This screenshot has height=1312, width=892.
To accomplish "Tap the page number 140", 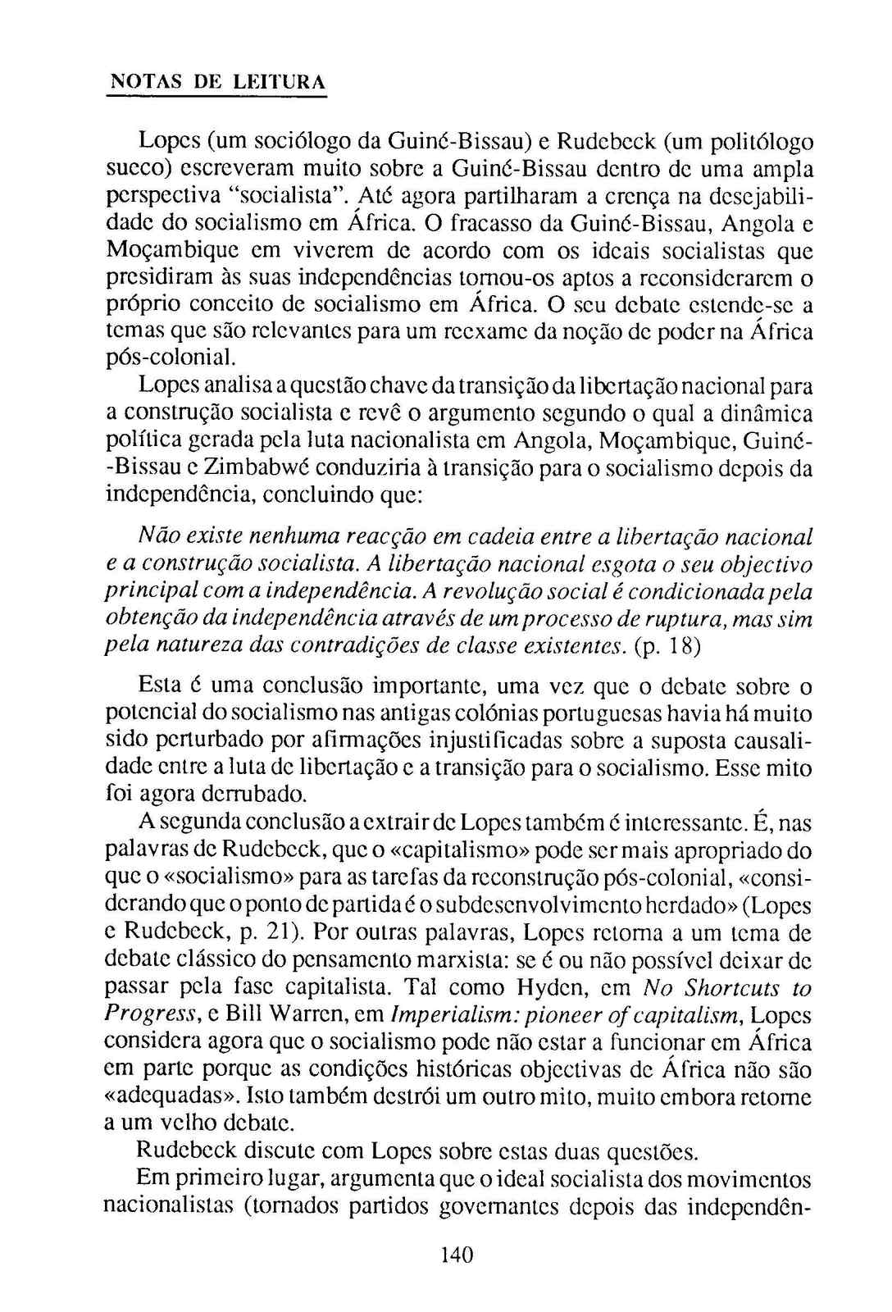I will coord(457,1255).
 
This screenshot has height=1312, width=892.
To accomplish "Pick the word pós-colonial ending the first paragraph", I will coord(171,359).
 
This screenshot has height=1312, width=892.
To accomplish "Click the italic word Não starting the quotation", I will coord(153,537).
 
